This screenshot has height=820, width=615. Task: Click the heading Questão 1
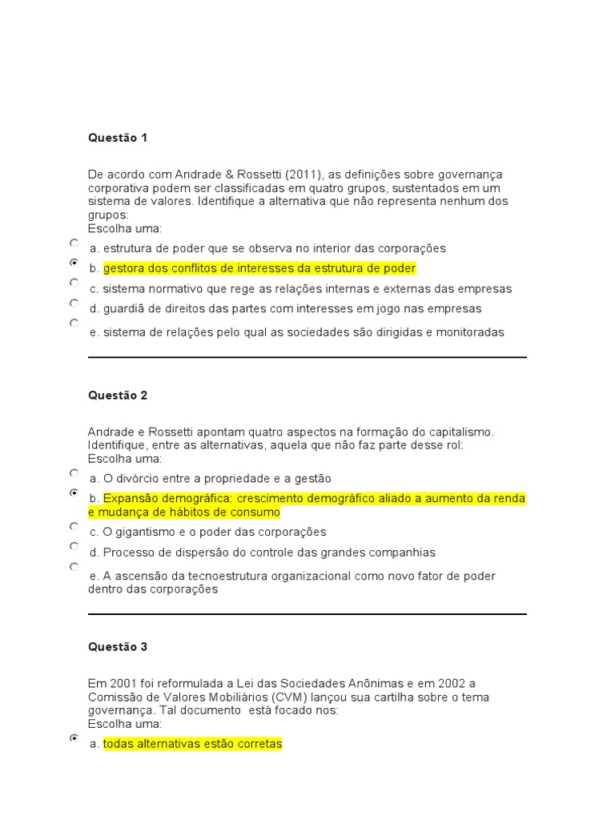[118, 138]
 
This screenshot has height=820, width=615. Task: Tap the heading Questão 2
[118, 396]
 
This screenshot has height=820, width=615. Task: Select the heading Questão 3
[118, 647]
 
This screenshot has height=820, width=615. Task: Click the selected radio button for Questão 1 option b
[74, 263]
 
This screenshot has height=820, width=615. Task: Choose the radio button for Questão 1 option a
[74, 243]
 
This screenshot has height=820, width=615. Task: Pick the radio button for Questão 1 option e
[74, 324]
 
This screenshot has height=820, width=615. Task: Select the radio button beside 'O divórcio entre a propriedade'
[74, 473]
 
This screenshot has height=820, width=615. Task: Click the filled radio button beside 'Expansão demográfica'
[74, 493]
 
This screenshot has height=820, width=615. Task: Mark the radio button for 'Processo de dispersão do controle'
[74, 547]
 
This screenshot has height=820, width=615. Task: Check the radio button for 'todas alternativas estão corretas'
[74, 738]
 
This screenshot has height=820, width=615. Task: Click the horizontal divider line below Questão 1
[307, 357]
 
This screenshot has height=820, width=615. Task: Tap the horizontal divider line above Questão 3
[307, 614]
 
